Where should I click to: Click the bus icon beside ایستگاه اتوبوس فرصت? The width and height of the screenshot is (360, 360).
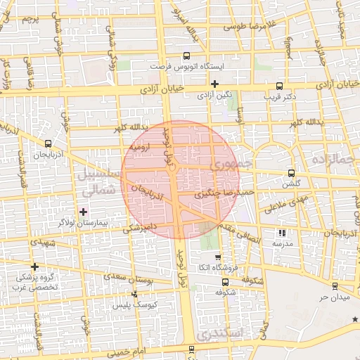point(186,56)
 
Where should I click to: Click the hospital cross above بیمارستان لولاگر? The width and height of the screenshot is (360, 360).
point(84,212)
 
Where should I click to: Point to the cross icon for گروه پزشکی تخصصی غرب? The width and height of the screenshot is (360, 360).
point(34,266)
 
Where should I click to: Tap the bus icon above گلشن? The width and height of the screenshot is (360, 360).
point(291,173)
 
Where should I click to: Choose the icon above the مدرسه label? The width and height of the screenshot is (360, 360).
point(283,233)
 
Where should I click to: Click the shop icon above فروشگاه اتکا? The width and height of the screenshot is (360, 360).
point(218,258)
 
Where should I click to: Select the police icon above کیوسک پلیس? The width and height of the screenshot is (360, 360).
point(134,296)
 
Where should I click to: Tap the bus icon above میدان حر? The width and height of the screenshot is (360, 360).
point(334,286)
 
